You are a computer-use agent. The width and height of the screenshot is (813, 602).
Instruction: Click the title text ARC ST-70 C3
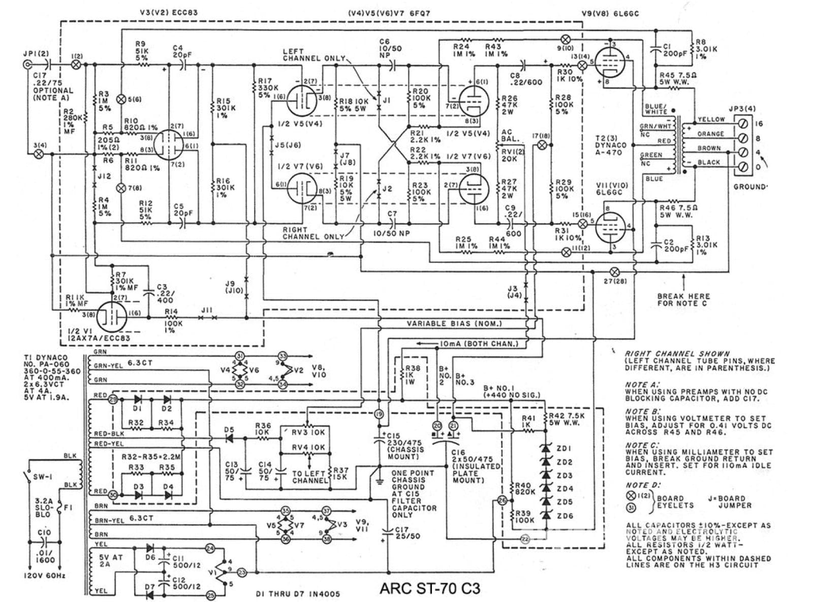(x=429, y=588)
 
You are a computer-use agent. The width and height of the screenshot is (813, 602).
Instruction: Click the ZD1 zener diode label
(x=564, y=448)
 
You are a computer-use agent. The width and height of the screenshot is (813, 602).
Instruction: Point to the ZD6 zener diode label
(x=564, y=516)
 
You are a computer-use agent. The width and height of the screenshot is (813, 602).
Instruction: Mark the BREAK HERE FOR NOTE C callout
(x=683, y=299)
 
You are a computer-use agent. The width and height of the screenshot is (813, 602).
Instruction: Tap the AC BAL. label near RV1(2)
(x=510, y=135)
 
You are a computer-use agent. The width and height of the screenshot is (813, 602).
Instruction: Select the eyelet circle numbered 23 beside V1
(x=242, y=572)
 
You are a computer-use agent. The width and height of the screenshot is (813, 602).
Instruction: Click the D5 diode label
(x=229, y=429)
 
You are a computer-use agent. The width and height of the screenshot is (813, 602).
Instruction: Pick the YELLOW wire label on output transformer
(x=711, y=119)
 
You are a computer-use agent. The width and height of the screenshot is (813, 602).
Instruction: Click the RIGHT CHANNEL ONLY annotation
(x=312, y=233)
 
